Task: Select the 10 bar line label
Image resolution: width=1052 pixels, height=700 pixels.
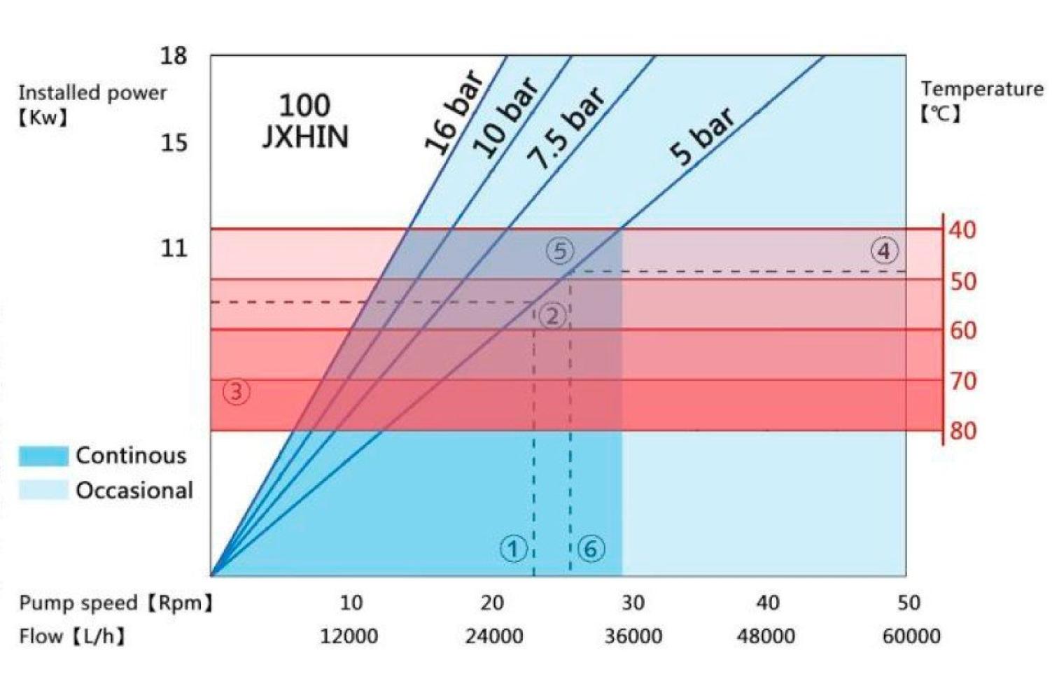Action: [x=506, y=117]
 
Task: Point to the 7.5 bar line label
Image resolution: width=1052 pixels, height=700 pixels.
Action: [x=566, y=128]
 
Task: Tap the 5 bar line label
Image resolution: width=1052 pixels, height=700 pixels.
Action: [x=702, y=136]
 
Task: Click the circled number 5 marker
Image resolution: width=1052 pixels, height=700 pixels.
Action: [x=560, y=251]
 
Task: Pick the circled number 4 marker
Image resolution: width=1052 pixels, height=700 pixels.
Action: [x=884, y=251]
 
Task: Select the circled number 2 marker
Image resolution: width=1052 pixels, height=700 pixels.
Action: [x=553, y=316]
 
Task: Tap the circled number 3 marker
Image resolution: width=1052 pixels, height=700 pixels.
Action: [x=236, y=391]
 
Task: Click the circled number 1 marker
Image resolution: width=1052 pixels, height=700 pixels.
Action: [x=513, y=549]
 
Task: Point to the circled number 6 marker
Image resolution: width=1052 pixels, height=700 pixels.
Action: [x=591, y=549]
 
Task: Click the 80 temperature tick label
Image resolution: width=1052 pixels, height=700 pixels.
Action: [x=963, y=430]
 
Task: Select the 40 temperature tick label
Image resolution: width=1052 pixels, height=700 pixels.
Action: [x=963, y=230]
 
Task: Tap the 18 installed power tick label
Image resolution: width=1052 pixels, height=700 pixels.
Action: [x=174, y=55]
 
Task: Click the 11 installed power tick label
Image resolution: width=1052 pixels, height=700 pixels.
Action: [x=174, y=248]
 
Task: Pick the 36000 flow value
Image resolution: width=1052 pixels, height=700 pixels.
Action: [x=633, y=636]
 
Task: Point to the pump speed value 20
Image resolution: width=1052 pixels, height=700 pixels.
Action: [x=492, y=603]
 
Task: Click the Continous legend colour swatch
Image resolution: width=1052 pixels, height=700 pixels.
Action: [x=43, y=456]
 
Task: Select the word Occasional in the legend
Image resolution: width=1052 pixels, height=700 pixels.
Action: [x=134, y=490]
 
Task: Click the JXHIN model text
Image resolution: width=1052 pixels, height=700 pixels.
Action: [x=305, y=136]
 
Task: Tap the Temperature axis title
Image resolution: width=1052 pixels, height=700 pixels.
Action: [x=981, y=89]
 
